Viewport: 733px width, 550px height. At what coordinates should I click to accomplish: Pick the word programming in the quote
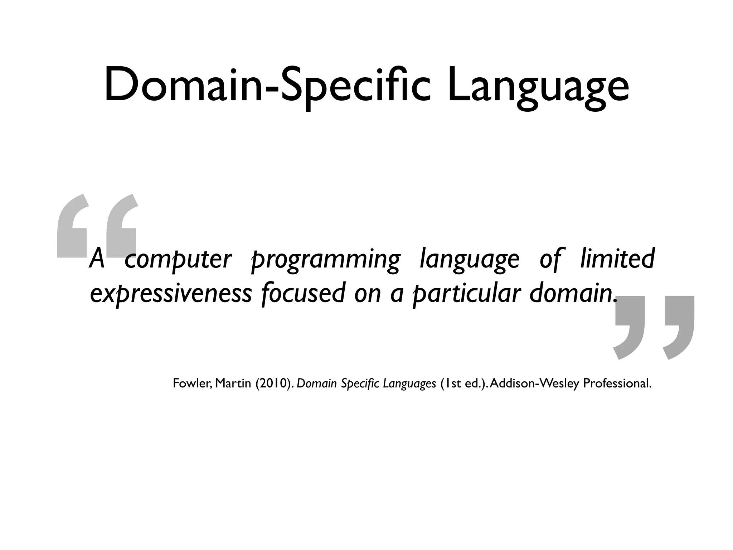tap(325, 260)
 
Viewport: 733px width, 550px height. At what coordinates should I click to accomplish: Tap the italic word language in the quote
tap(469, 260)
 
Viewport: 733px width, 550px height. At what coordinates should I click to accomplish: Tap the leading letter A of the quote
tap(97, 259)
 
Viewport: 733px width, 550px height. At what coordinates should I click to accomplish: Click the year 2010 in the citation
tap(272, 383)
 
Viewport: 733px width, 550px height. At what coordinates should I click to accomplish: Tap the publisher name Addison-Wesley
tap(535, 383)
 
